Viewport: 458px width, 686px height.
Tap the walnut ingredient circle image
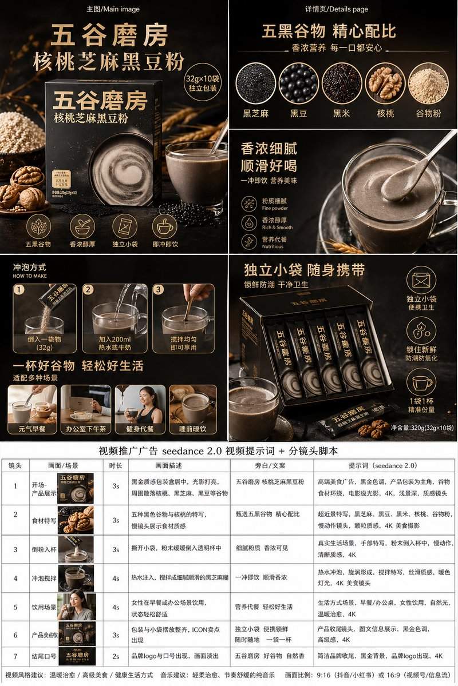point(385,83)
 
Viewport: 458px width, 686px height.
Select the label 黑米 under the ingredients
point(342,113)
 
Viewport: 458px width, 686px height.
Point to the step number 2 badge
point(88,289)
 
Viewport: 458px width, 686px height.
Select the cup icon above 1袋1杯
point(421,384)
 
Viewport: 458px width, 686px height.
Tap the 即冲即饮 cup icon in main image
point(165,226)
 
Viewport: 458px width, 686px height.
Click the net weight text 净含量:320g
point(422,428)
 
